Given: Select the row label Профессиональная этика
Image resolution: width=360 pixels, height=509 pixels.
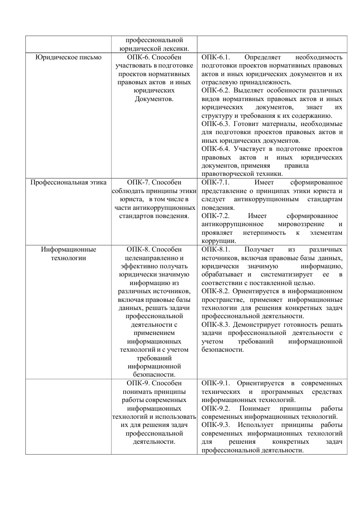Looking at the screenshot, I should (x=68, y=183).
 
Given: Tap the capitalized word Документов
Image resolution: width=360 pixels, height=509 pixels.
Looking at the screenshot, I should (x=154, y=99).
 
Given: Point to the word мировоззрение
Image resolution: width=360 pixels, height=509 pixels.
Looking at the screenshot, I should (x=300, y=224).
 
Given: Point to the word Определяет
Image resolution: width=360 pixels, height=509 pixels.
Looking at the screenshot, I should (x=263, y=58).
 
